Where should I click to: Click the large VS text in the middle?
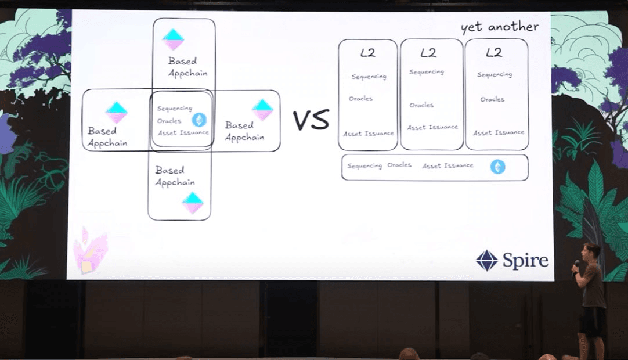(310, 120)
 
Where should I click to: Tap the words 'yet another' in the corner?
(499, 27)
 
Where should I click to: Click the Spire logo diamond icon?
(487, 260)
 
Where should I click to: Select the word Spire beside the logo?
(525, 261)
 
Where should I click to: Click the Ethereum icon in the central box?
(199, 120)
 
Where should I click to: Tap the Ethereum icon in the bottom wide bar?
(497, 167)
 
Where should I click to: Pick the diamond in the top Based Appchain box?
(173, 39)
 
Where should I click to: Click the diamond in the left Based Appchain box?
(117, 112)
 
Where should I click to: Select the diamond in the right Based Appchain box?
(262, 110)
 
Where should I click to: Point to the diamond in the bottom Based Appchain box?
(193, 203)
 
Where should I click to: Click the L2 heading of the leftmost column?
(367, 53)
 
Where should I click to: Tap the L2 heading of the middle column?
(428, 53)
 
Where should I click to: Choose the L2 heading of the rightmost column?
(493, 53)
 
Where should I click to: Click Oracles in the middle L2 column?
(421, 105)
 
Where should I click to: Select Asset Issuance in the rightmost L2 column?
(499, 132)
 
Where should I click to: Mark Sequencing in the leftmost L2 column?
(369, 77)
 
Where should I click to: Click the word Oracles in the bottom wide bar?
(399, 165)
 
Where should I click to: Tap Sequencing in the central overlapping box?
(174, 108)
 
